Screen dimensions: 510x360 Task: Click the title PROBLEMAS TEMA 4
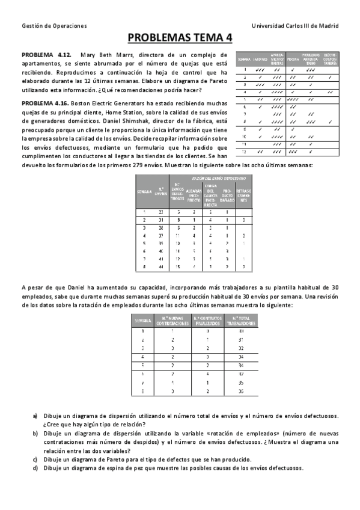coord(180,38)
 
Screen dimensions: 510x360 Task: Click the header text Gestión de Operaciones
coord(54,26)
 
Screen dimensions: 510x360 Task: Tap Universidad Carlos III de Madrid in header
coord(294,26)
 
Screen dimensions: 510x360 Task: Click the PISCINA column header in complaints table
coord(293,60)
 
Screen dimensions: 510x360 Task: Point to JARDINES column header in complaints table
coord(260,60)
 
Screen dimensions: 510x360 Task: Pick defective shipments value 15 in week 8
coord(177,266)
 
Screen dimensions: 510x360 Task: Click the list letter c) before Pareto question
coord(35,459)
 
